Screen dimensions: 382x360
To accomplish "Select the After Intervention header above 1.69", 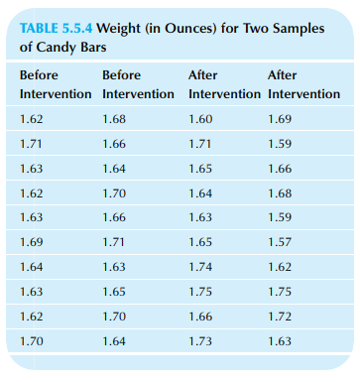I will (303, 83).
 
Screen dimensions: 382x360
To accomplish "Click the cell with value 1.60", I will (200, 121).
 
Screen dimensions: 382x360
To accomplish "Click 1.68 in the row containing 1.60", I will (115, 121).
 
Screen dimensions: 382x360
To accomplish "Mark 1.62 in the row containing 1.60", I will (32, 121).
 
